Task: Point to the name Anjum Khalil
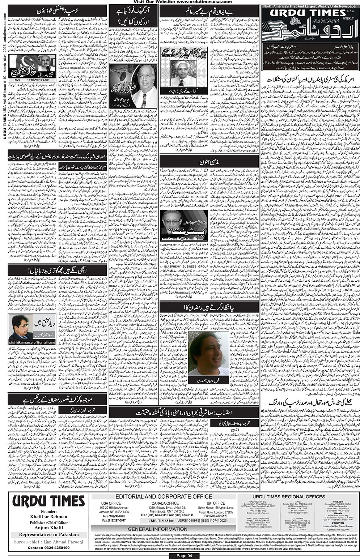[x=48, y=527]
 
